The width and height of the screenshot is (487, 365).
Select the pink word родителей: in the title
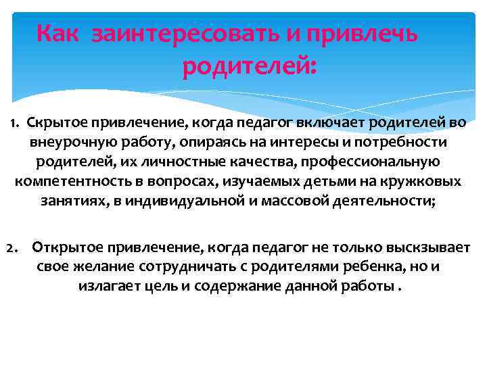tap(249, 67)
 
